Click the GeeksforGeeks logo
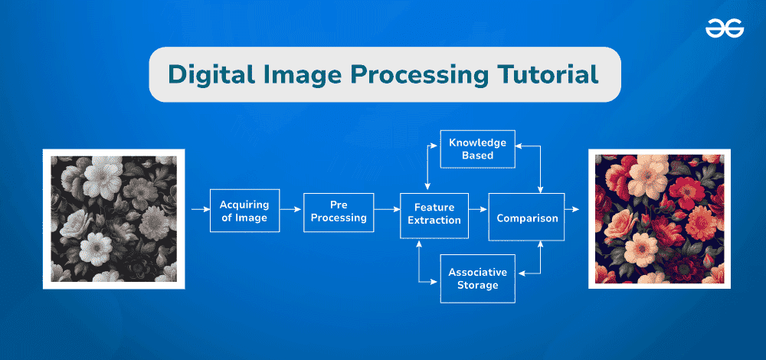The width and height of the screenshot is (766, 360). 724,29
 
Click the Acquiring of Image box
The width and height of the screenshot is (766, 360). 244,211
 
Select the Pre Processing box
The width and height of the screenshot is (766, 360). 339,211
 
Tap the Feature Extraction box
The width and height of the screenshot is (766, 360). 434,214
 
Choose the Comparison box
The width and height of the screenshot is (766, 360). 527,218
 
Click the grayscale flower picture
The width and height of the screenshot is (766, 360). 113,218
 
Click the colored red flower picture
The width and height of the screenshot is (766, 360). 659,218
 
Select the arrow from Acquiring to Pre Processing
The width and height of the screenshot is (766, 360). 290,208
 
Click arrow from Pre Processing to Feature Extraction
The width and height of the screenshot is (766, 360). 387,208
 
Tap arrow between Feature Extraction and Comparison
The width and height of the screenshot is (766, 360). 478,208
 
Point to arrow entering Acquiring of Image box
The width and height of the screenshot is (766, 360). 198,208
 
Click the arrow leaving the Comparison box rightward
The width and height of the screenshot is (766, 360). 573,208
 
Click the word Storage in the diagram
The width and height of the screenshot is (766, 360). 477,286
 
